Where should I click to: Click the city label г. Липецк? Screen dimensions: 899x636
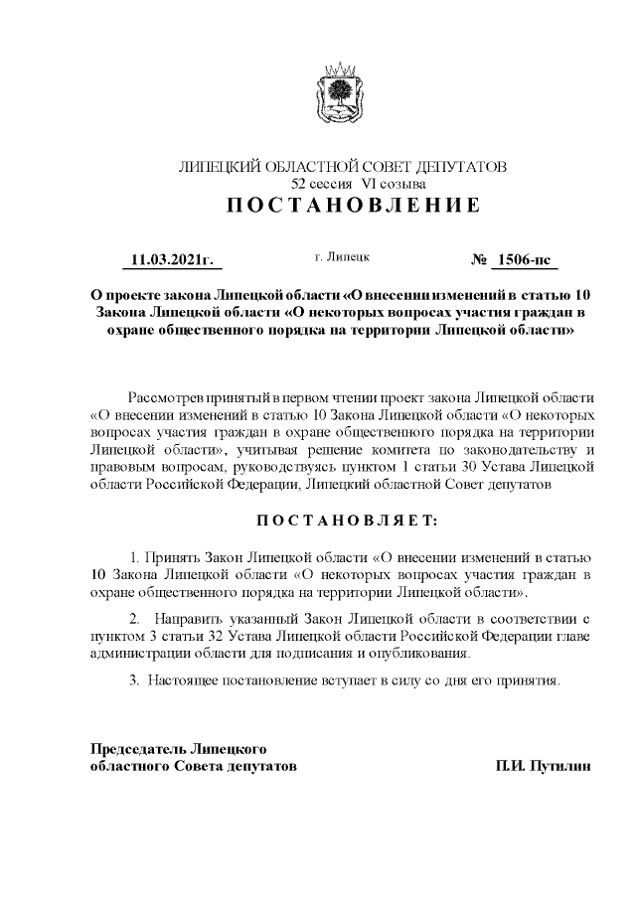click(343, 257)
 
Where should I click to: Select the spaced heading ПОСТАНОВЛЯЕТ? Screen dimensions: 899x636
click(342, 520)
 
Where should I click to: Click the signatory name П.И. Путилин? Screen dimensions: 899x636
click(543, 767)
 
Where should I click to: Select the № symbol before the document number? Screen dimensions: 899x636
click(479, 261)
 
